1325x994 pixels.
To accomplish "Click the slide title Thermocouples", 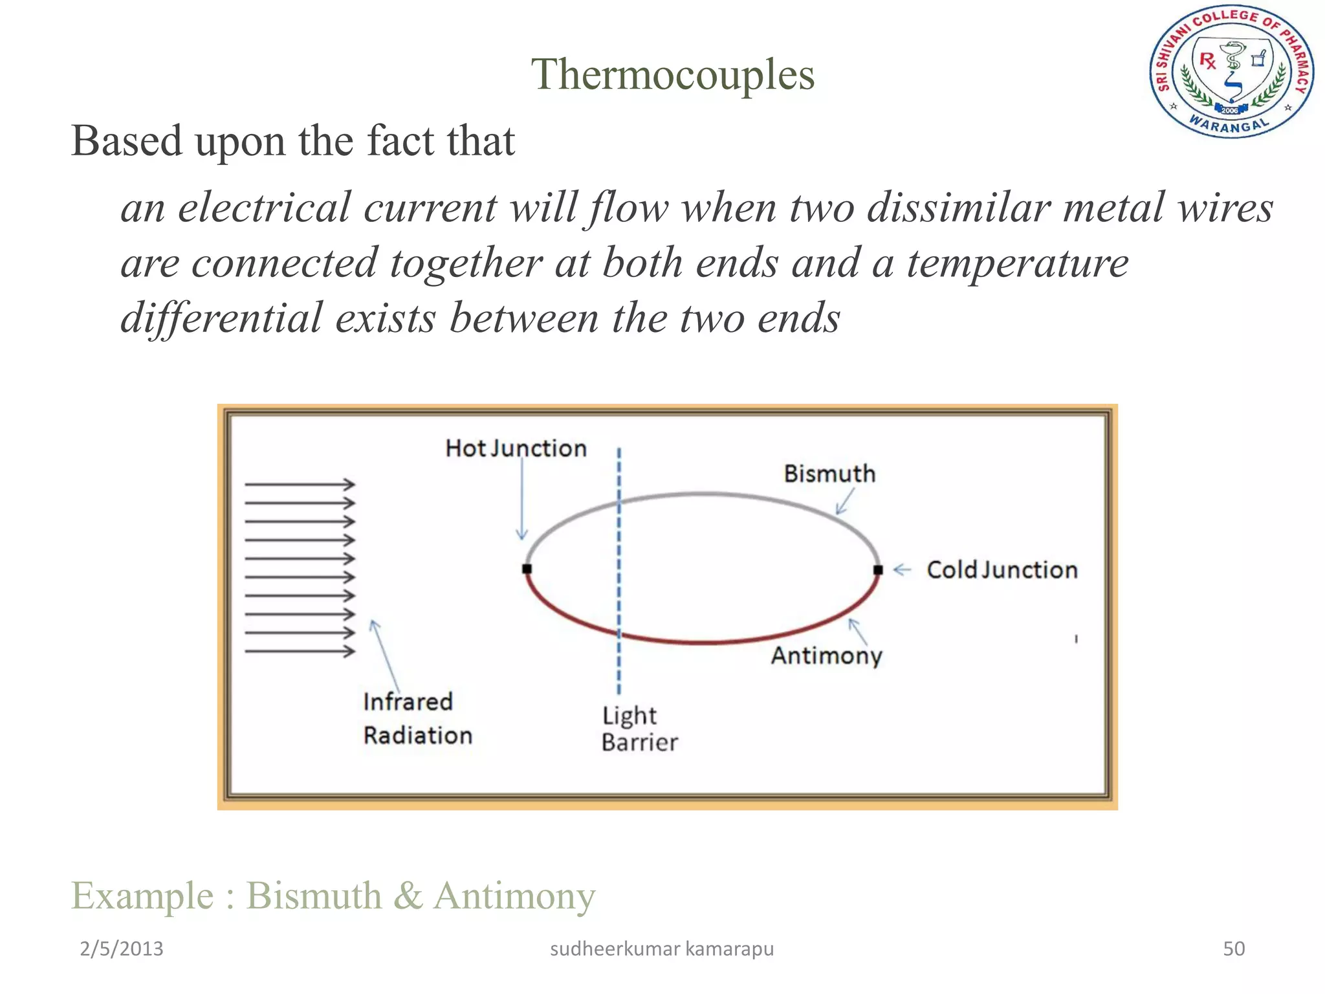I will [672, 75].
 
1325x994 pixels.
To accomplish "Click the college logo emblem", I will [1231, 72].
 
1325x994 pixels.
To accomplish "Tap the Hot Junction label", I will [516, 448].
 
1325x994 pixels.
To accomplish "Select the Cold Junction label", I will [1002, 570].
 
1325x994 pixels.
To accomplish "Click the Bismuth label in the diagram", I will [829, 474].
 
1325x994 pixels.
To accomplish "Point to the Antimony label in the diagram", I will [826, 656].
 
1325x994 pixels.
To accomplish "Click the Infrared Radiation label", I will [417, 718].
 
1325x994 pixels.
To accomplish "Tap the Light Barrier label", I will [639, 729].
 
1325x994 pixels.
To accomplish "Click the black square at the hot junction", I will [527, 569].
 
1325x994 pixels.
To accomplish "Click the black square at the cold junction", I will [878, 570].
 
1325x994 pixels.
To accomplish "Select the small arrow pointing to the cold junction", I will [902, 570].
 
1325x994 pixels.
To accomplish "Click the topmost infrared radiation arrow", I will [300, 484].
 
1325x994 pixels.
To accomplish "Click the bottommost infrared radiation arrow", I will [300, 651].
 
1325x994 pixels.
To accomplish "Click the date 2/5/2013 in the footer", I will [121, 949].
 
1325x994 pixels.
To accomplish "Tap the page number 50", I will [1233, 949].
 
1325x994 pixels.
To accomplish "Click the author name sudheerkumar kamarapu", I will [661, 949].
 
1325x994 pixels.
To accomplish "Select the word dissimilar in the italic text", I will [958, 208].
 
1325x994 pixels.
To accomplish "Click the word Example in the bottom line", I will [142, 896].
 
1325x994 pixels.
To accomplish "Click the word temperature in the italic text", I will [1017, 264].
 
